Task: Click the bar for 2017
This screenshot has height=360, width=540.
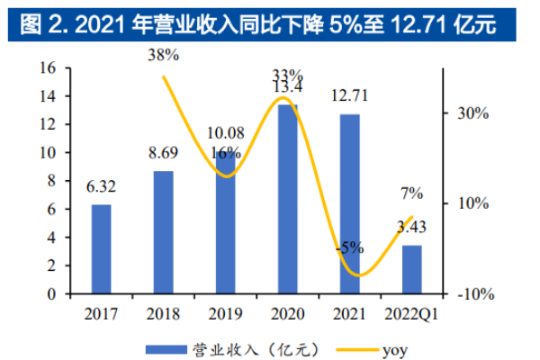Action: pyautogui.click(x=102, y=249)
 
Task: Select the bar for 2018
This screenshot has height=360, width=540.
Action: pyautogui.click(x=163, y=232)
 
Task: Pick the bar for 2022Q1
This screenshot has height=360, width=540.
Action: pyautogui.click(x=411, y=269)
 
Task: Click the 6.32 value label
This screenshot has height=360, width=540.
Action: pyautogui.click(x=102, y=190)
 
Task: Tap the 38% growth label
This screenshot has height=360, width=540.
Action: pyautogui.click(x=164, y=55)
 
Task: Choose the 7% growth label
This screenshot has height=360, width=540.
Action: pyautogui.click(x=411, y=192)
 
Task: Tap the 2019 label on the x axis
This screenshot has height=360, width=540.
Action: pyautogui.click(x=225, y=314)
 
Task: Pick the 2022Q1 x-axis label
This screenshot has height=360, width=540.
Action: pyautogui.click(x=411, y=314)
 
